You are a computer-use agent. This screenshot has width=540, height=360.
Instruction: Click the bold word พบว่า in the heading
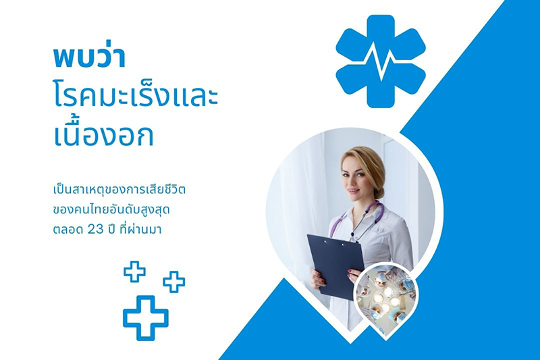[x=90, y=57]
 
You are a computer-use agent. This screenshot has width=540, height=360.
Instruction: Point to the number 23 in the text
[x=95, y=230]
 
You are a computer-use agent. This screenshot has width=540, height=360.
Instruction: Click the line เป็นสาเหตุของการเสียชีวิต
[x=119, y=190]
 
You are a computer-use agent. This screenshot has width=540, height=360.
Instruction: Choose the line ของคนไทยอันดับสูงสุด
[x=111, y=209]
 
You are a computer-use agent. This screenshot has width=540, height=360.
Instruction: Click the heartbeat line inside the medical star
[x=381, y=64]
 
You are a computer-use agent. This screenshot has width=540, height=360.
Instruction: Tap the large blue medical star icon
[x=381, y=61]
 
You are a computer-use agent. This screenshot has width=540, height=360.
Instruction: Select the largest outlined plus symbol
[x=146, y=318]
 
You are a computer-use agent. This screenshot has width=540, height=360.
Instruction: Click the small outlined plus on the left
[x=134, y=272]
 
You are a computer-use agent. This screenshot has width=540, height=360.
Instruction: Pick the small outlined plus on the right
[x=174, y=282]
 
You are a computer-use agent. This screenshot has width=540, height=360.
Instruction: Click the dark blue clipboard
[x=335, y=266]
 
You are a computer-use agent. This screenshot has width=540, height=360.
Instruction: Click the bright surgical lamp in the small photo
[x=385, y=299]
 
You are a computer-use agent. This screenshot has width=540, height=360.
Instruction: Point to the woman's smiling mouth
[x=352, y=190]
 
